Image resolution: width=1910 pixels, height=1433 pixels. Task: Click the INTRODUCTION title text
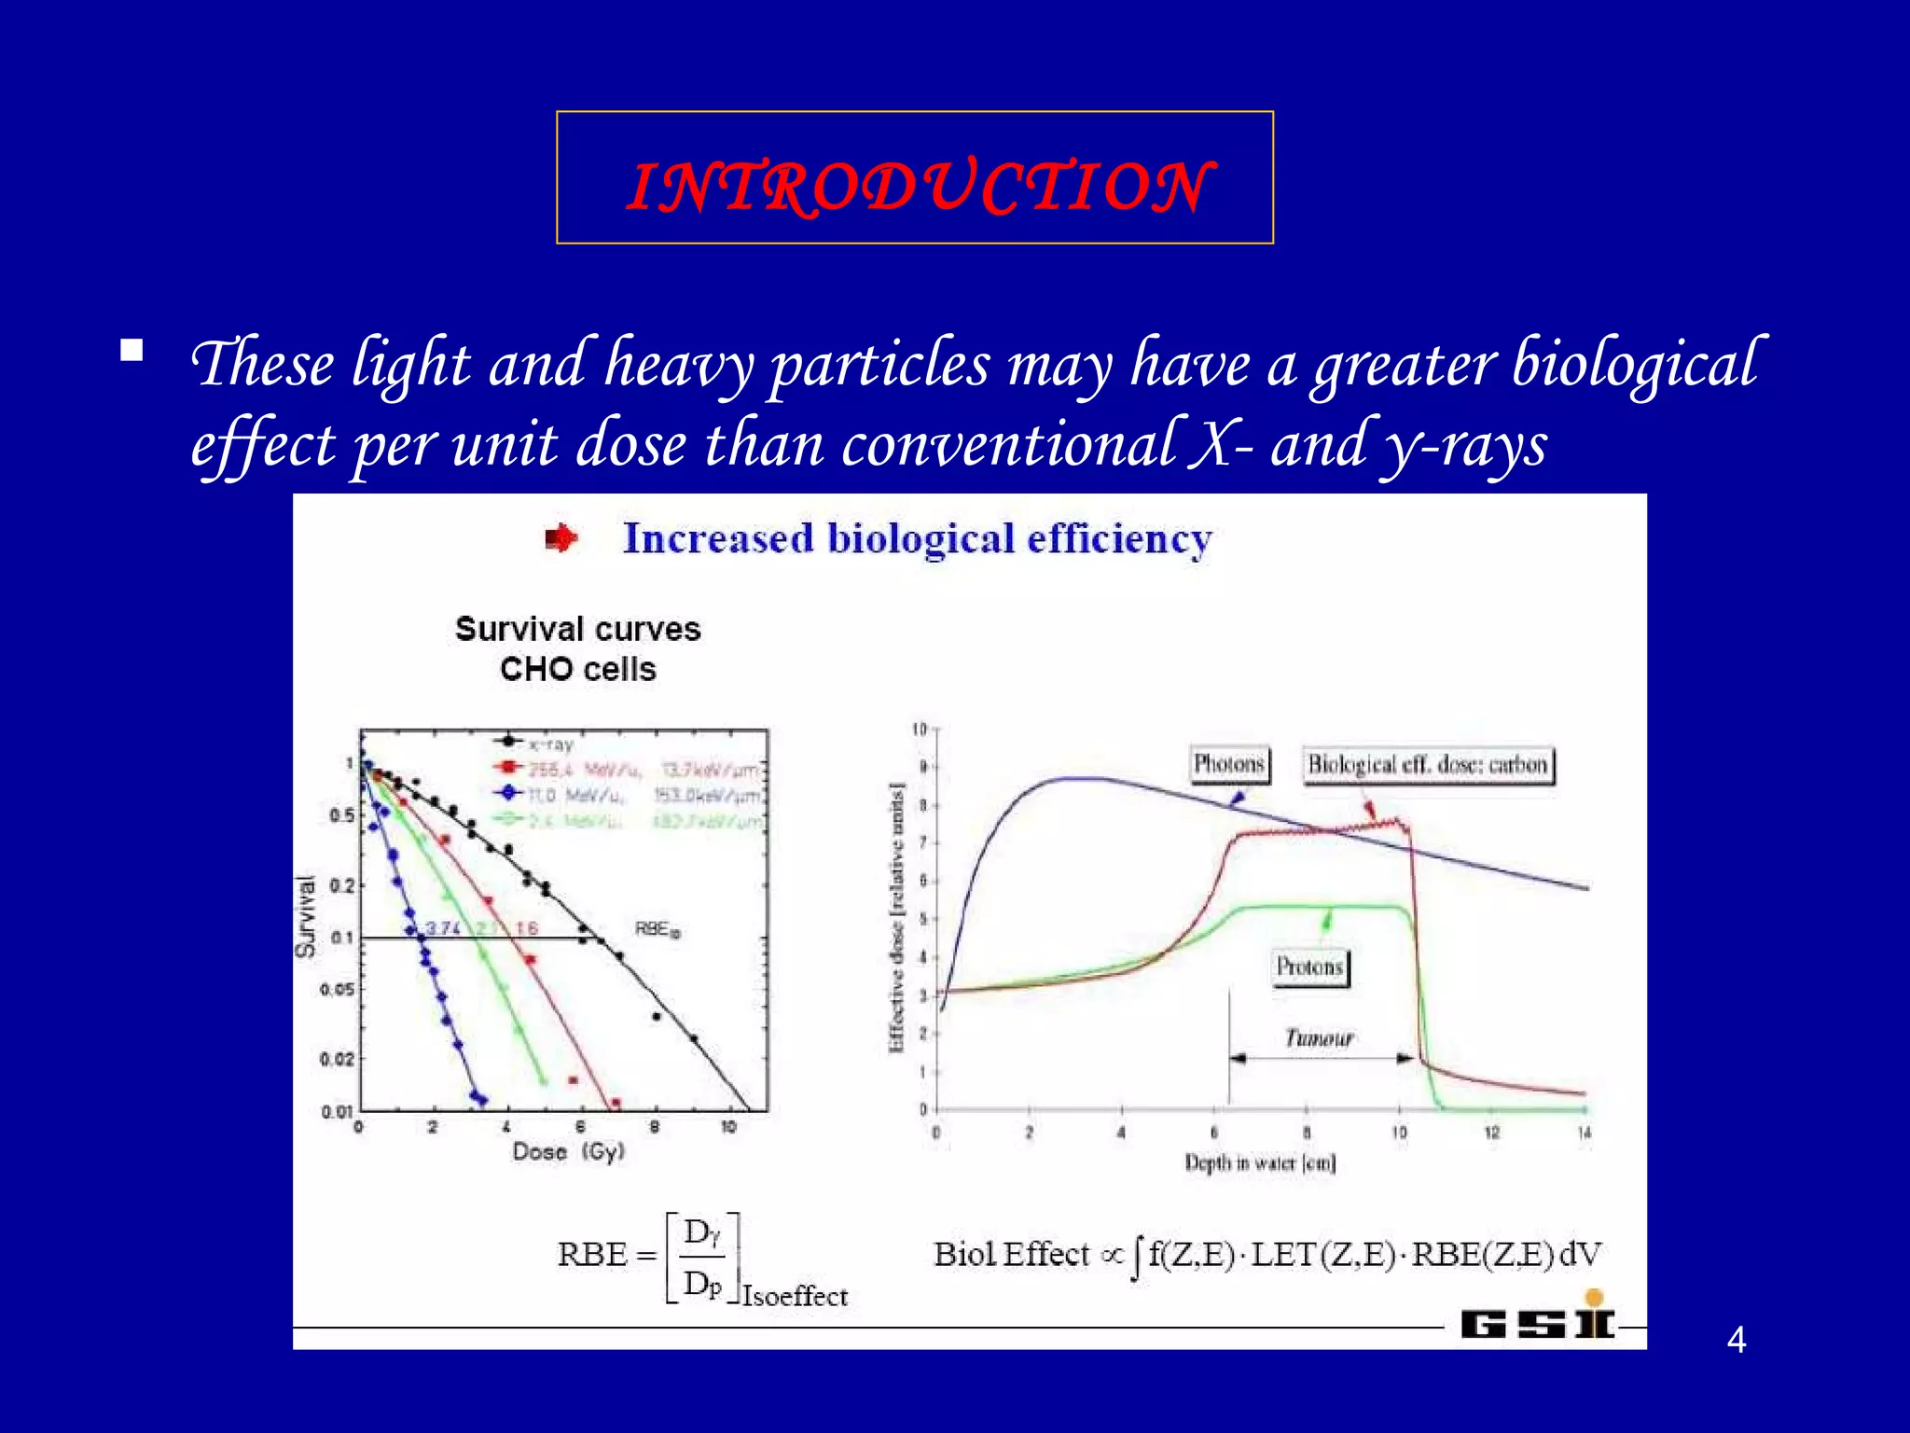point(918,186)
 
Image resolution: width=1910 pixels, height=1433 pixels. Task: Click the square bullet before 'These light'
point(131,351)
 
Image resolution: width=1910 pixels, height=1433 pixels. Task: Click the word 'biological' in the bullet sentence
point(1633,364)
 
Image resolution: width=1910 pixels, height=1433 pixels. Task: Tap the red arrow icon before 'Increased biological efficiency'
point(561,538)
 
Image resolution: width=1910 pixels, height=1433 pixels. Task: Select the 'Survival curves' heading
point(577,629)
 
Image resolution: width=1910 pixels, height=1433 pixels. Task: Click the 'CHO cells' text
point(577,669)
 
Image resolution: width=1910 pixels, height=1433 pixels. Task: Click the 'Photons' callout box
point(1228,764)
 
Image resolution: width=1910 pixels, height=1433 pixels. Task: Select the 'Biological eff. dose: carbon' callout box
point(1427,765)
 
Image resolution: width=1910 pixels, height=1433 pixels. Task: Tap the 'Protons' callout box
point(1309,967)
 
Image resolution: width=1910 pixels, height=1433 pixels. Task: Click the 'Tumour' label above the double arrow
point(1318,1038)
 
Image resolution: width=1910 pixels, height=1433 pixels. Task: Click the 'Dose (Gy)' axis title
point(568,1152)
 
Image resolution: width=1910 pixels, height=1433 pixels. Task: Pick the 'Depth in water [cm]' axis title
point(1259,1162)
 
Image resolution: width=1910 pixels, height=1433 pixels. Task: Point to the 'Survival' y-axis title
point(306,917)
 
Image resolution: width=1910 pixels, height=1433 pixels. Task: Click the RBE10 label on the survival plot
point(657,929)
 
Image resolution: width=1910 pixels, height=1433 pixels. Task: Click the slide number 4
point(1736,1340)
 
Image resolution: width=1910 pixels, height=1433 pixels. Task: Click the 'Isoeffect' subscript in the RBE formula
point(795,1297)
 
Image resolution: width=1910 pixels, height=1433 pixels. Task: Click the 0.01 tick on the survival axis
point(337,1112)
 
